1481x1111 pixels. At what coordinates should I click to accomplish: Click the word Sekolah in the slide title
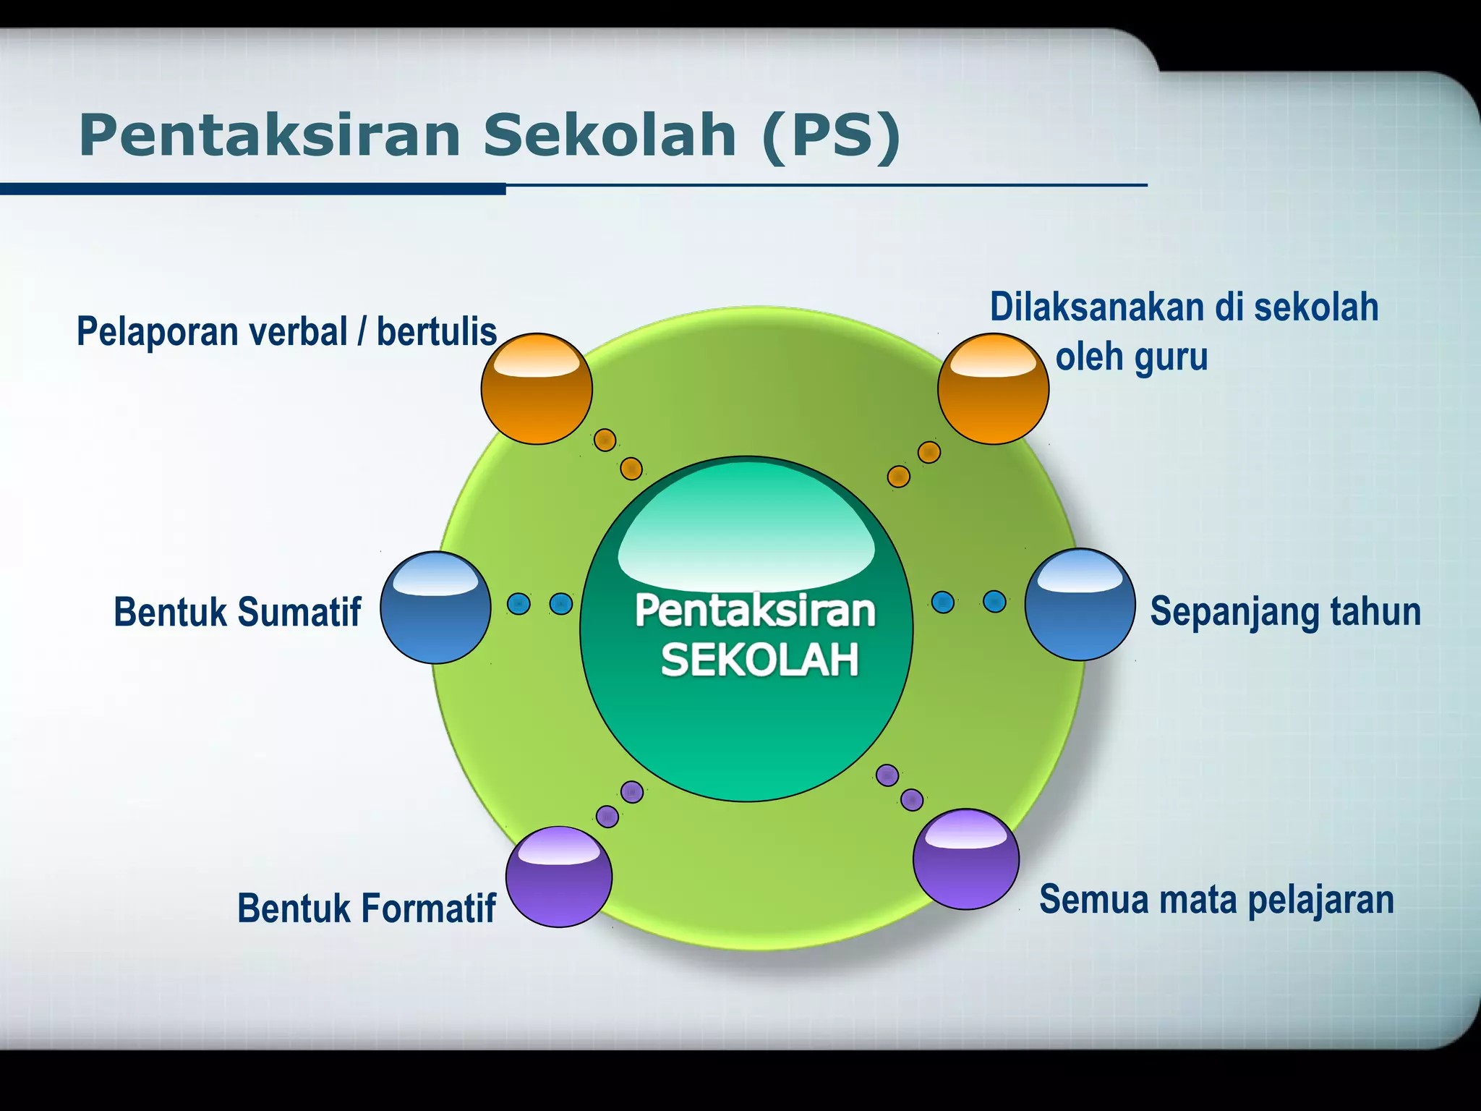610,135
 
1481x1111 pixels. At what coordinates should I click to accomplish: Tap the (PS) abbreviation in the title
832,135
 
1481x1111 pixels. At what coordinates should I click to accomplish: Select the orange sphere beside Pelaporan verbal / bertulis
537,389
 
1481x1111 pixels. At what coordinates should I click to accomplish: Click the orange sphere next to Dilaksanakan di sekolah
993,389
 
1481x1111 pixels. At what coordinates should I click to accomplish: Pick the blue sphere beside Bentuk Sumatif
435,608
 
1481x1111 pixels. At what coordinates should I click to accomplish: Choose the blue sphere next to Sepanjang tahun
1080,605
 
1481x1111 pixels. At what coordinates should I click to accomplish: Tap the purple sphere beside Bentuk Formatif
558,877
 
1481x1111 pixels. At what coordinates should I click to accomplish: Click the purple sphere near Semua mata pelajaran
965,859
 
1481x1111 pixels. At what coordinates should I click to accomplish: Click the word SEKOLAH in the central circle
759,660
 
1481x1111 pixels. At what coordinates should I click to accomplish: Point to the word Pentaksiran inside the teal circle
755,610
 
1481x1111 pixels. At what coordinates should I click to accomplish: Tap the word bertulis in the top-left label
437,332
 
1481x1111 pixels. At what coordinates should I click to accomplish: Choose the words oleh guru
1132,357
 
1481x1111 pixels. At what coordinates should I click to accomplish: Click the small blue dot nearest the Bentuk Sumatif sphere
518,603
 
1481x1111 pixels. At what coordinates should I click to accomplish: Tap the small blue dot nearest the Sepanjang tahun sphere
994,601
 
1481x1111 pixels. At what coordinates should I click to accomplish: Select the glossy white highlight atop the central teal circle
746,535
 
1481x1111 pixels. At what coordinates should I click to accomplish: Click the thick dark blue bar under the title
253,190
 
